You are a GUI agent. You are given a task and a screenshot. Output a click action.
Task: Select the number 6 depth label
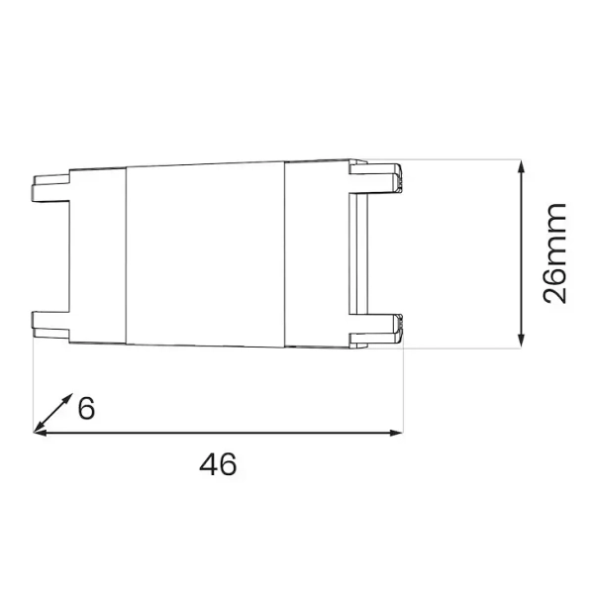click(x=86, y=407)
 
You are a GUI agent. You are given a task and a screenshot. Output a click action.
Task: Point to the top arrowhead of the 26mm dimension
click(x=523, y=165)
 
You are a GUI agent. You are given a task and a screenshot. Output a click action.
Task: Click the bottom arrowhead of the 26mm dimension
click(x=523, y=343)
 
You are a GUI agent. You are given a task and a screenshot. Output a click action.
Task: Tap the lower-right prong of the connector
click(x=376, y=328)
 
